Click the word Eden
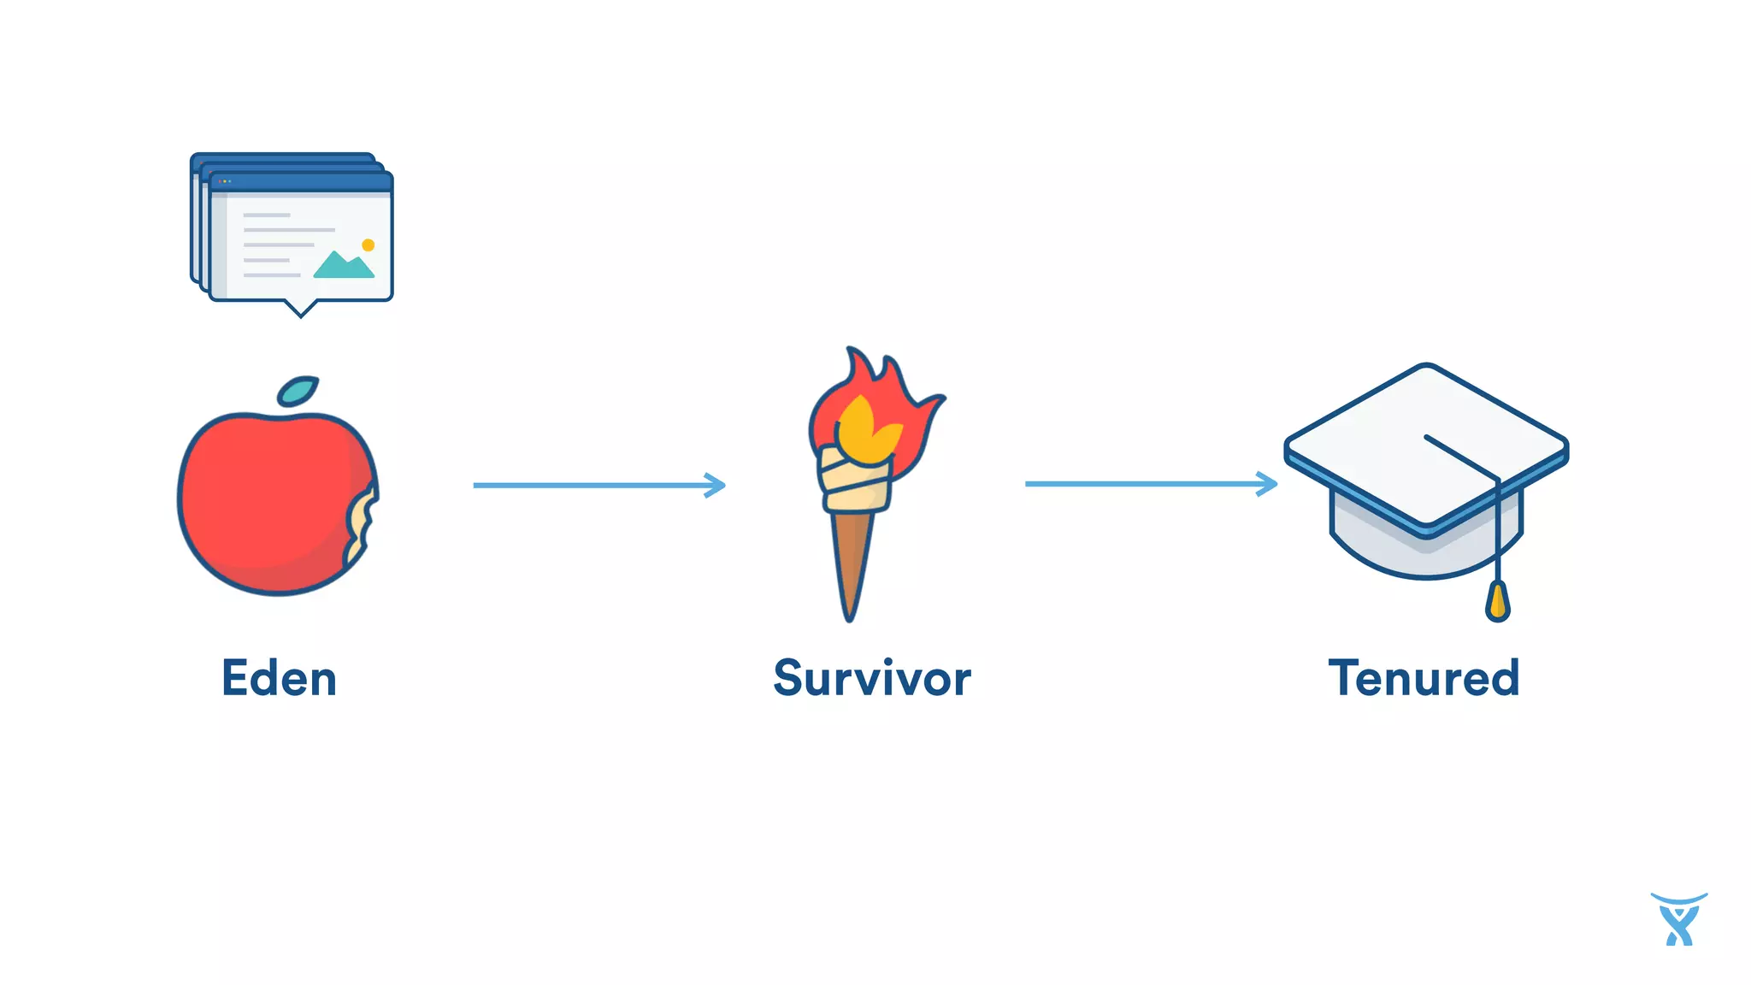[x=279, y=679]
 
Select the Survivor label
[x=872, y=679]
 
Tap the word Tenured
[x=1424, y=679]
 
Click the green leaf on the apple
[x=298, y=391]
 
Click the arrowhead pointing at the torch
[x=716, y=485]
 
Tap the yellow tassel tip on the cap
[x=1497, y=601]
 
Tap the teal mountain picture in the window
[x=343, y=266]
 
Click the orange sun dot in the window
[x=368, y=245]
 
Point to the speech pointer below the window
[x=300, y=307]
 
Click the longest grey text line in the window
[x=289, y=230]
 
